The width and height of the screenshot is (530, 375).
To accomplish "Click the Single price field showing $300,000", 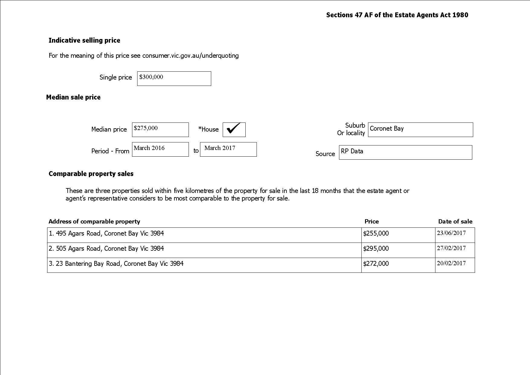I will click(174, 79).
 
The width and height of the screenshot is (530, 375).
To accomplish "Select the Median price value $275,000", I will click(160, 129).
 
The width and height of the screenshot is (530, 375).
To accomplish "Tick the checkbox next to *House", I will click(234, 129).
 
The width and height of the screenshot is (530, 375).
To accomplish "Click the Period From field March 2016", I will click(160, 149).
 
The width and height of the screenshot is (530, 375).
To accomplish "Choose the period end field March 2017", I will click(228, 149).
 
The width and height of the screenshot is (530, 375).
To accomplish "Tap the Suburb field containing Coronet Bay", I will click(420, 129).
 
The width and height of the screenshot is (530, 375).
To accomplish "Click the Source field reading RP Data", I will click(405, 152).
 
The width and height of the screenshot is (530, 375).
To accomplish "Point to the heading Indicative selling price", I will click(84, 41).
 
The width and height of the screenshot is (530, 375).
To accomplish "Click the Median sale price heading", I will click(73, 97).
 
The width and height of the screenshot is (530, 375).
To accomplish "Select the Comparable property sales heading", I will click(91, 174).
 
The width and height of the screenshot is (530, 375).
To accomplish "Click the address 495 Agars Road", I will click(106, 233).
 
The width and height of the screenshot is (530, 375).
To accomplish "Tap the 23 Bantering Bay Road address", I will click(116, 264).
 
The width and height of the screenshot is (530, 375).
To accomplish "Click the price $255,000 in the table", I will click(376, 233).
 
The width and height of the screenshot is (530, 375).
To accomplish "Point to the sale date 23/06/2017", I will click(451, 233).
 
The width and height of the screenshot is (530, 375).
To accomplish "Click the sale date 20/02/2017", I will click(451, 263).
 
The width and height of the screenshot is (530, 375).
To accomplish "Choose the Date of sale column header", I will click(455, 222).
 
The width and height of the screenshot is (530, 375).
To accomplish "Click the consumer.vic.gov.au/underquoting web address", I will click(190, 56).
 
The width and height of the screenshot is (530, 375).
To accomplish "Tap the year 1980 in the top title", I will click(460, 15).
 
